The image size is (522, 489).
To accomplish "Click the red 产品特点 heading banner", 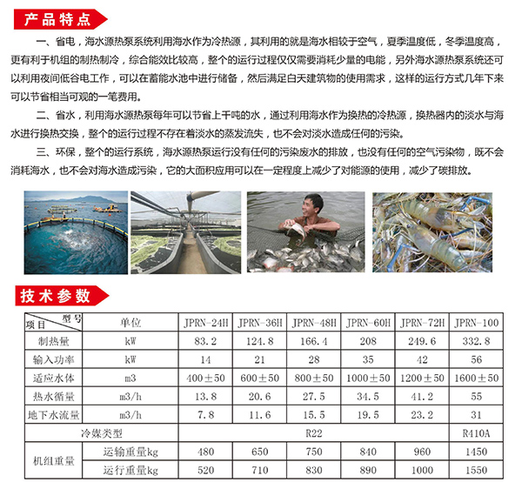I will click(57, 17).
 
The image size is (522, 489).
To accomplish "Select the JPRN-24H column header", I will click(202, 322).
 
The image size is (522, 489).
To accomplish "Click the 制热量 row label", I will click(53, 340).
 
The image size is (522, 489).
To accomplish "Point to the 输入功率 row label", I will click(53, 358).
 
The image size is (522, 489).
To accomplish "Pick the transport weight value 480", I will click(202, 452).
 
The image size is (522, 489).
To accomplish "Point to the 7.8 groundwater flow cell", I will click(202, 414).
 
